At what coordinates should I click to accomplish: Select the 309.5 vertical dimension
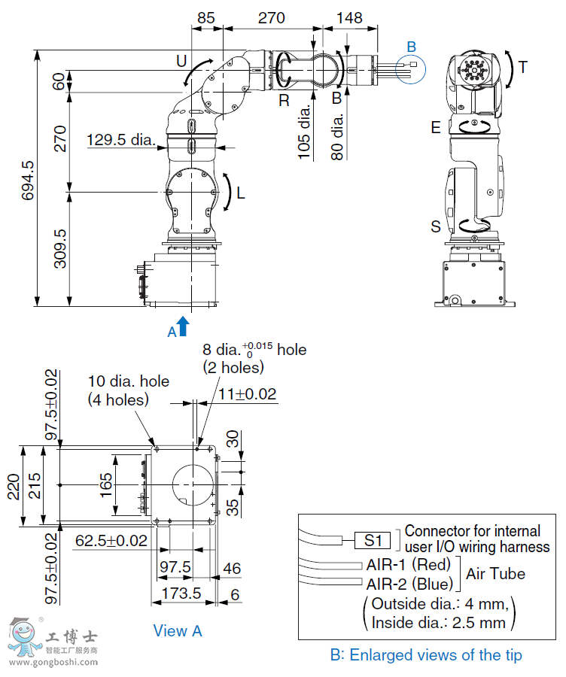[60, 249]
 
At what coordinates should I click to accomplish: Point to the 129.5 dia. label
[120, 139]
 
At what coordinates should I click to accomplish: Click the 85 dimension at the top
[207, 19]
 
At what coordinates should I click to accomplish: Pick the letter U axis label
[181, 59]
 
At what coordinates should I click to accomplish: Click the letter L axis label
[240, 193]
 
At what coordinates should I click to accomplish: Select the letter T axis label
[522, 68]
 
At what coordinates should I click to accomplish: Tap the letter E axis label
[435, 128]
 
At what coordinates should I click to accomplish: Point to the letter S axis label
[435, 226]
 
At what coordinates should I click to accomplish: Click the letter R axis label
[284, 100]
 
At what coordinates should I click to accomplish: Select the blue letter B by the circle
[411, 47]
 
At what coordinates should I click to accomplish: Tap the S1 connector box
[374, 539]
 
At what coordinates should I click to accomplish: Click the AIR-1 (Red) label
[408, 564]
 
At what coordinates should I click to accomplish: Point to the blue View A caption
[178, 631]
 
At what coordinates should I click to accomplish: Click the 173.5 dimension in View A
[182, 594]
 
